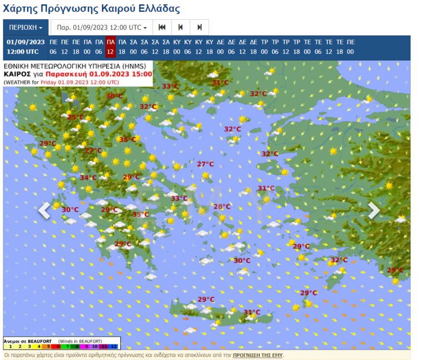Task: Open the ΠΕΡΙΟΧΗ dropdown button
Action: click(x=26, y=28)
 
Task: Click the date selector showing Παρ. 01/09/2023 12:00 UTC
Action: click(x=101, y=28)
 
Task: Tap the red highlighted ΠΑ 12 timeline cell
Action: click(x=110, y=47)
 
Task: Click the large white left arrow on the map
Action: click(x=44, y=211)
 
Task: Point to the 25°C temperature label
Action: click(x=76, y=117)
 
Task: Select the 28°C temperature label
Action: click(x=222, y=206)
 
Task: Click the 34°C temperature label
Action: click(x=88, y=177)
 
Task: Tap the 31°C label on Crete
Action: click(x=252, y=312)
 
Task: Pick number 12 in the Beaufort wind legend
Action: click(x=113, y=346)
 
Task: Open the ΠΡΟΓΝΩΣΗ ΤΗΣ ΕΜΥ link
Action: click(x=258, y=355)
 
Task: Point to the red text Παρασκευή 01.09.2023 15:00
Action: click(x=99, y=74)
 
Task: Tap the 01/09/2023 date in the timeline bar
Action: click(x=26, y=42)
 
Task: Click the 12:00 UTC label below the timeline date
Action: click(x=26, y=52)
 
